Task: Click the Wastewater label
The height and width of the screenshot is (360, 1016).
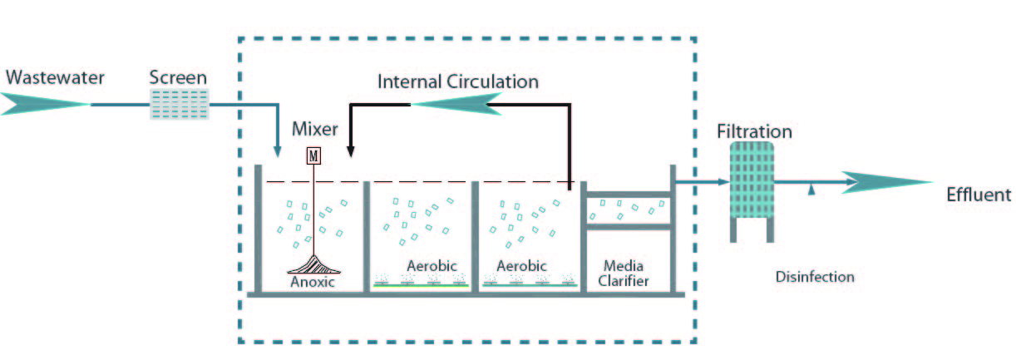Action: (55, 77)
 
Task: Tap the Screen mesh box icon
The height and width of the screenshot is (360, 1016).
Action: (180, 104)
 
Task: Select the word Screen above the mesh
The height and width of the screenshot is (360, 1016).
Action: (178, 77)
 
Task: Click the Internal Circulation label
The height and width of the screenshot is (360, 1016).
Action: (458, 81)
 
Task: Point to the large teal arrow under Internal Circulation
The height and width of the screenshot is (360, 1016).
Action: (456, 104)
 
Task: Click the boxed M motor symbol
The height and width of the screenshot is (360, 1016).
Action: (313, 156)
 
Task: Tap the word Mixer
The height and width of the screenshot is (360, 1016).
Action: (315, 129)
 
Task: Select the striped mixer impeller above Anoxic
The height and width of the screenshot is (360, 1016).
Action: (314, 264)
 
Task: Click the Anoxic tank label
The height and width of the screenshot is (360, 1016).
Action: (313, 282)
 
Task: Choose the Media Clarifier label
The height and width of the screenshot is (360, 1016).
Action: (624, 274)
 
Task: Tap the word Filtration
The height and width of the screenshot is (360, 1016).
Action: (754, 131)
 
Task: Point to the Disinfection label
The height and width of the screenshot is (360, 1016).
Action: (815, 277)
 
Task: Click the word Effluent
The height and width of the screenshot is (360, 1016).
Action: (979, 195)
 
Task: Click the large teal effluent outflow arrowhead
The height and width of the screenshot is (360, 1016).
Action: (887, 182)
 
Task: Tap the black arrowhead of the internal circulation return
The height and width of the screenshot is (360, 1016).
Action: (351, 152)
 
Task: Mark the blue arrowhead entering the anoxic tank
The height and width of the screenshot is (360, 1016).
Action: (278, 152)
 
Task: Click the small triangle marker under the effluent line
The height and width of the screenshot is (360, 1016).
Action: (811, 190)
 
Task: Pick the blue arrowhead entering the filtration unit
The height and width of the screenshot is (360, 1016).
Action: (724, 182)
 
